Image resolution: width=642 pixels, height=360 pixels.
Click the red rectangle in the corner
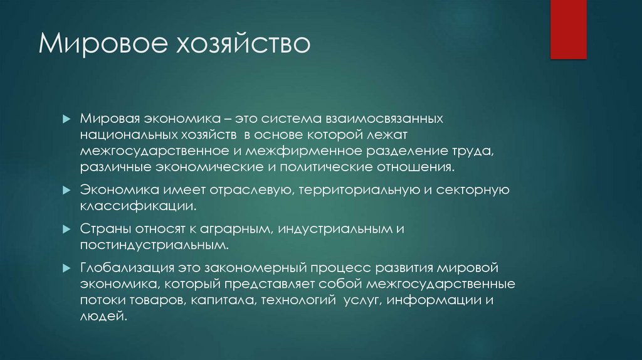(568, 29)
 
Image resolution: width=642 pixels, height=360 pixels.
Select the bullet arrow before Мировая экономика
(66, 119)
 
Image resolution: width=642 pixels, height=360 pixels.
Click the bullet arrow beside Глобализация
(66, 268)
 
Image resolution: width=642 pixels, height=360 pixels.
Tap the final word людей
(103, 317)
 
